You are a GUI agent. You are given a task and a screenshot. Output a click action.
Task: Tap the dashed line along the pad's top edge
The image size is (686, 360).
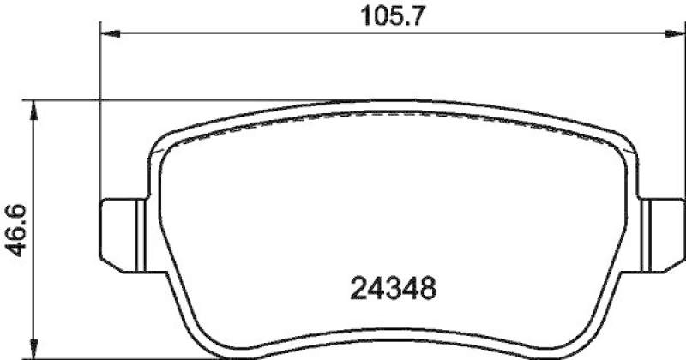coord(386,117)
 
